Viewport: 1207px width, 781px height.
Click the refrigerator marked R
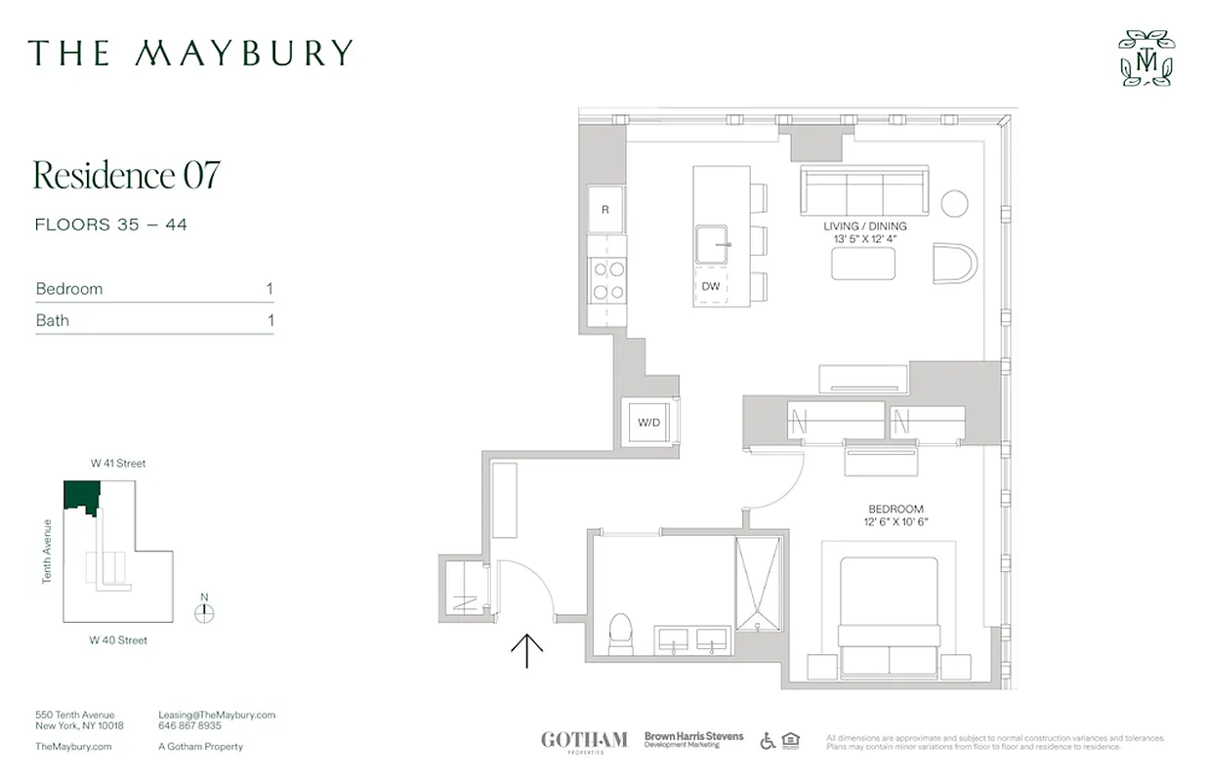(x=605, y=209)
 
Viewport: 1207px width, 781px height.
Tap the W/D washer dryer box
(x=647, y=423)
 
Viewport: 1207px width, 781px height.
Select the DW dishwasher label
(x=711, y=286)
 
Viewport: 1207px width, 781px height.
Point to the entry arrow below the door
(x=527, y=650)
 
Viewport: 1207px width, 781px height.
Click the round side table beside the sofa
(x=954, y=204)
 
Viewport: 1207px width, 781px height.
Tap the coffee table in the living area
(x=863, y=264)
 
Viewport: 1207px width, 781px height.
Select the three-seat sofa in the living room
(x=863, y=189)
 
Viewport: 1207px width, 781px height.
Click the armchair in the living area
(x=954, y=263)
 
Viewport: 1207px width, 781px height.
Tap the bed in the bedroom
(x=889, y=615)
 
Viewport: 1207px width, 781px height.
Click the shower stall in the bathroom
(x=759, y=583)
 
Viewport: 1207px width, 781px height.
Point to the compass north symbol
(x=203, y=613)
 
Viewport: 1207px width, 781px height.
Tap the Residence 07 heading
(x=127, y=175)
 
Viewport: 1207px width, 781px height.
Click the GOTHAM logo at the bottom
(x=584, y=741)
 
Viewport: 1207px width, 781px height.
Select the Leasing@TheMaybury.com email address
(x=217, y=715)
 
